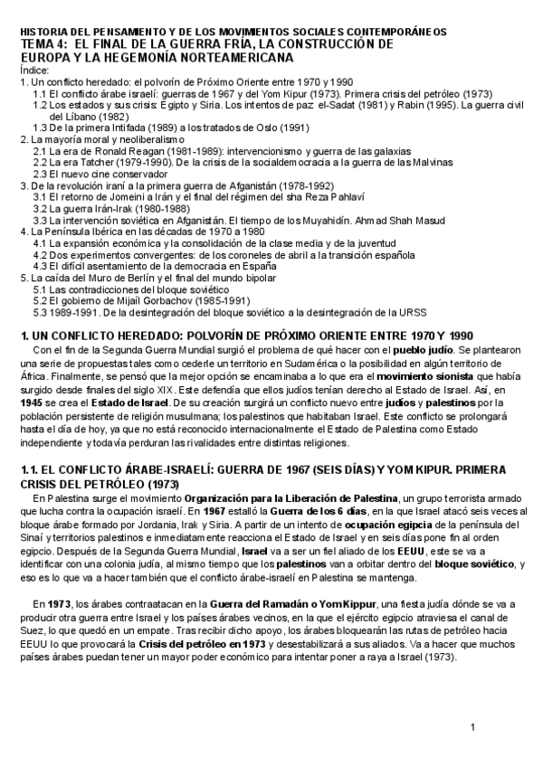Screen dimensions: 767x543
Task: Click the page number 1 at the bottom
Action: point(472,727)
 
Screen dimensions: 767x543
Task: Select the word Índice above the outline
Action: point(34,71)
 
